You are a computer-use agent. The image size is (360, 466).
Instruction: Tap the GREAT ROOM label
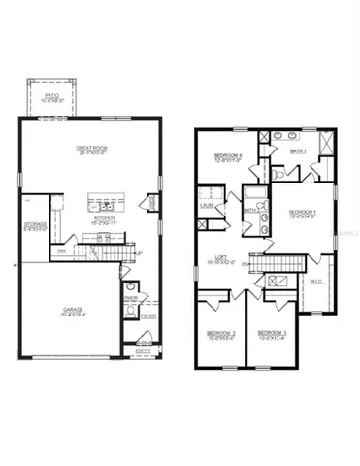click(90, 149)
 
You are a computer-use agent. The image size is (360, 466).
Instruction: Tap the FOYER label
click(147, 316)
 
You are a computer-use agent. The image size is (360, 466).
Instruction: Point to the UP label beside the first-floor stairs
click(139, 254)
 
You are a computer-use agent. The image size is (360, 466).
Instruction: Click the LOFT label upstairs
click(221, 259)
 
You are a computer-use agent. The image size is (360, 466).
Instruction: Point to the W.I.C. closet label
click(314, 282)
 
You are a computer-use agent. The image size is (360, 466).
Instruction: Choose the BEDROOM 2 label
click(220, 335)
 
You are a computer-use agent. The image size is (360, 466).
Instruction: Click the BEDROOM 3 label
click(272, 335)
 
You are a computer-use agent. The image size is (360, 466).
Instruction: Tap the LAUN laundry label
click(206, 205)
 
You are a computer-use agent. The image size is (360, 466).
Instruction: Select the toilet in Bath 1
click(278, 173)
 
